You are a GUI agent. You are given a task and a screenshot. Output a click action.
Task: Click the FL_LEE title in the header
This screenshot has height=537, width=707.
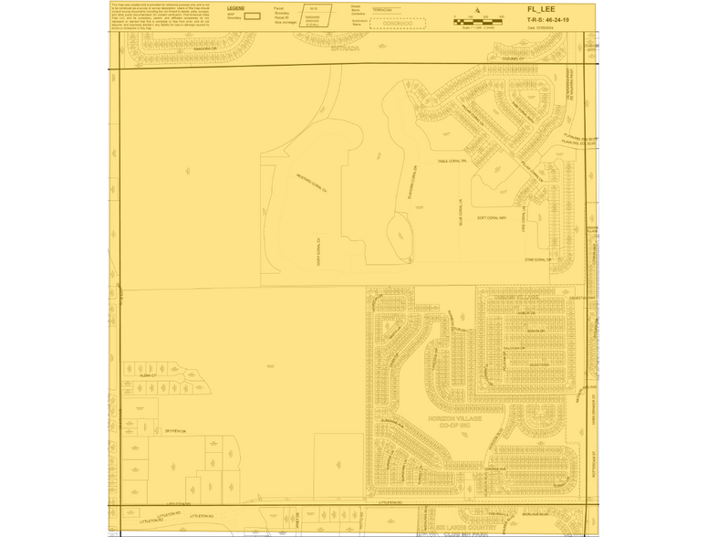[x=541, y=9]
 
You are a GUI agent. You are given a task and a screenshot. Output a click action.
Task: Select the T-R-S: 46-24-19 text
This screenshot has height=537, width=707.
[x=547, y=18]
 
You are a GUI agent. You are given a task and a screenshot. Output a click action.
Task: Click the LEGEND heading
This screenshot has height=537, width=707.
[x=235, y=8]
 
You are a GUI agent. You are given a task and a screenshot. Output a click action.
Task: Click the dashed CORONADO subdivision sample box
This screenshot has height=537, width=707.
[x=389, y=23]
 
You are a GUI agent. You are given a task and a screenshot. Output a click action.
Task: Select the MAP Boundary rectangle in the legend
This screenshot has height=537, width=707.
[x=253, y=16]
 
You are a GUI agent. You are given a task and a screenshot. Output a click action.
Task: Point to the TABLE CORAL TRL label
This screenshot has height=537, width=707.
[x=452, y=161]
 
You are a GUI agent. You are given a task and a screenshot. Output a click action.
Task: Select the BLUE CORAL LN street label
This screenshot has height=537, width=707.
[x=462, y=212]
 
